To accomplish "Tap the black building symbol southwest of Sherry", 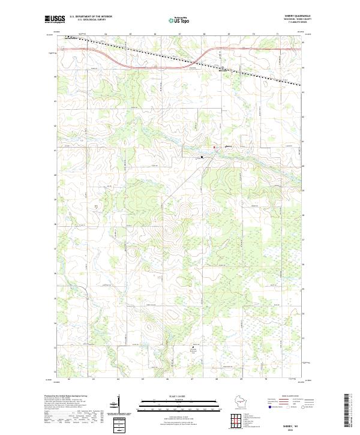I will (202, 157).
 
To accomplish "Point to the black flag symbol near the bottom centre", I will (193, 346).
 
